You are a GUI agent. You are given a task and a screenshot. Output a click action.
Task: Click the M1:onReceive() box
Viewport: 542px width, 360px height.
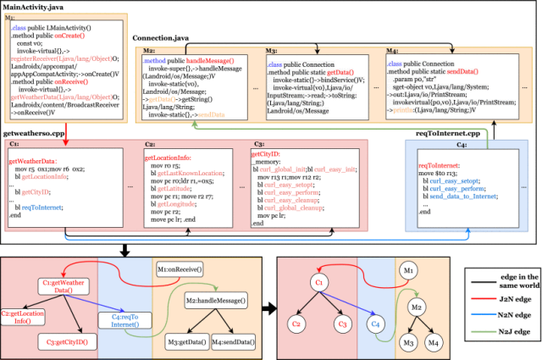tap(179, 269)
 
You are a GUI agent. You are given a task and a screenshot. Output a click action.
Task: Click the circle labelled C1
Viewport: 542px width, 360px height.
tap(319, 280)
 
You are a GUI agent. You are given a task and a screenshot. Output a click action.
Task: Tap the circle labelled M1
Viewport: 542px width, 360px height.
tap(408, 272)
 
